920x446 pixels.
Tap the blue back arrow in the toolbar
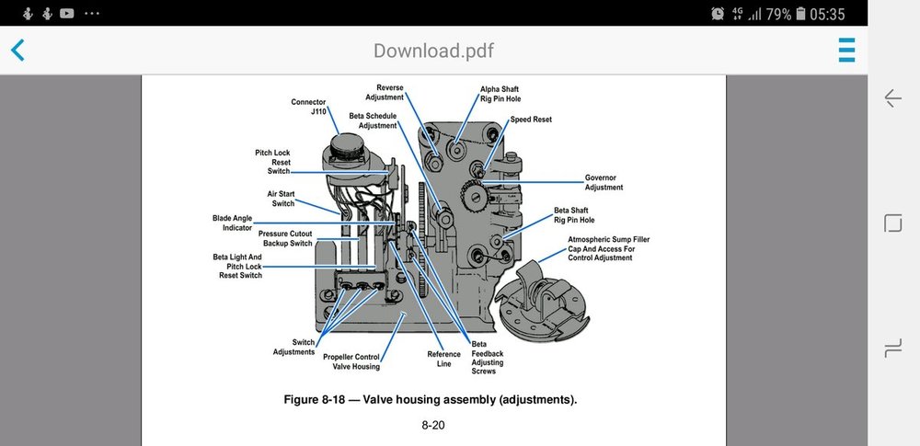tap(17, 50)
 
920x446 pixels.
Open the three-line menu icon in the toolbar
tap(846, 50)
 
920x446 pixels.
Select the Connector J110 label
tap(309, 107)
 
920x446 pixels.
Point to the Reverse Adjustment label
tap(384, 92)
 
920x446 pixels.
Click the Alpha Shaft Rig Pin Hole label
tap(500, 94)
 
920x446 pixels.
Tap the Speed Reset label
tap(531, 120)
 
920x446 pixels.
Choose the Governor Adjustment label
tap(604, 182)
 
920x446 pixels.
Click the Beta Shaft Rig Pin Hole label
tap(574, 215)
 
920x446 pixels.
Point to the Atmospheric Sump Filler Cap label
tap(609, 248)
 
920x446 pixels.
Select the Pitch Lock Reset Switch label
tap(273, 162)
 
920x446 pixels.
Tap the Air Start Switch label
tap(281, 199)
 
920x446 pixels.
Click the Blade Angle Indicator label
tap(232, 223)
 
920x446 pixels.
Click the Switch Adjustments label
tap(293, 347)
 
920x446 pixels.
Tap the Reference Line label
tap(443, 359)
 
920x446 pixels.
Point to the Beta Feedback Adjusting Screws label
tap(487, 357)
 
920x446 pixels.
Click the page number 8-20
tap(433, 426)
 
